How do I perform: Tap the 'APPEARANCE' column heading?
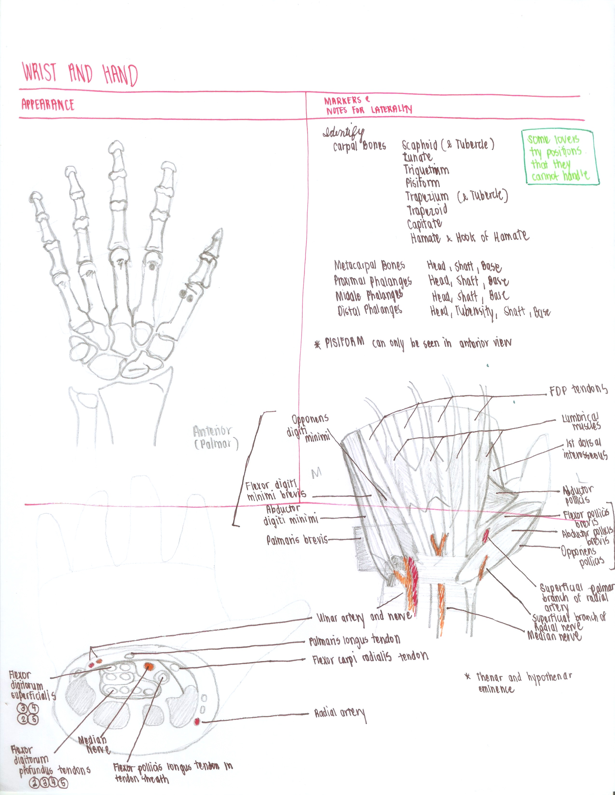(x=48, y=105)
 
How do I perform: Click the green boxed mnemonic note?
(x=560, y=157)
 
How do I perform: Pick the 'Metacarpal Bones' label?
(x=369, y=265)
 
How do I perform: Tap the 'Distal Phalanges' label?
(x=370, y=311)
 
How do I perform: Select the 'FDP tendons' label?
(x=578, y=390)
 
